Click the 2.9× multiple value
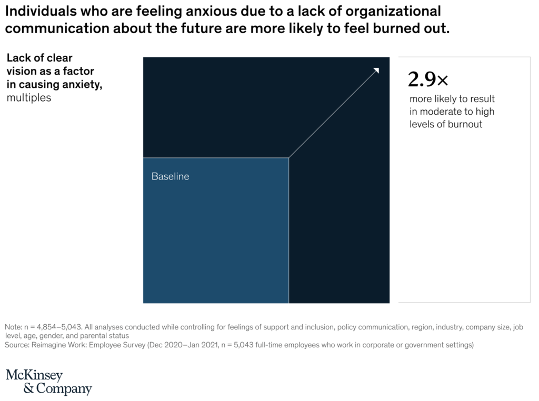click(x=428, y=79)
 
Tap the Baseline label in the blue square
click(x=170, y=176)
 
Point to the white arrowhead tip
click(x=379, y=68)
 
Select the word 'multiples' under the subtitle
click(x=29, y=97)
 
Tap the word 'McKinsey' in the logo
click(x=34, y=375)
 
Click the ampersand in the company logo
click(x=29, y=388)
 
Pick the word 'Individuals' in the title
click(x=41, y=12)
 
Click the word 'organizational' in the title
click(x=393, y=12)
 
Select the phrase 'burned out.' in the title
click(x=412, y=28)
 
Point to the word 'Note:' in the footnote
click(x=13, y=327)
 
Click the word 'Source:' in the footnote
click(x=17, y=345)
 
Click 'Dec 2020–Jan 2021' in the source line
click(x=183, y=345)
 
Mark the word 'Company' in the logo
click(x=64, y=388)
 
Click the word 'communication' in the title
click(x=57, y=28)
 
